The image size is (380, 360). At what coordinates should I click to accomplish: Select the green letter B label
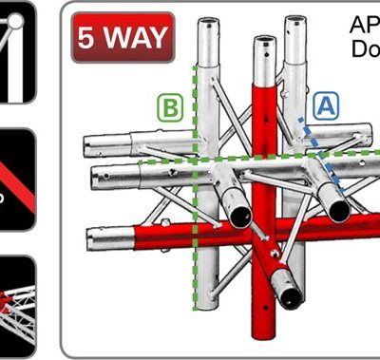click(x=170, y=108)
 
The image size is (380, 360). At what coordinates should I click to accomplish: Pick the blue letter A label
click(x=325, y=107)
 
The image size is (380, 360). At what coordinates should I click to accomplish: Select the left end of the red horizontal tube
click(x=92, y=234)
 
